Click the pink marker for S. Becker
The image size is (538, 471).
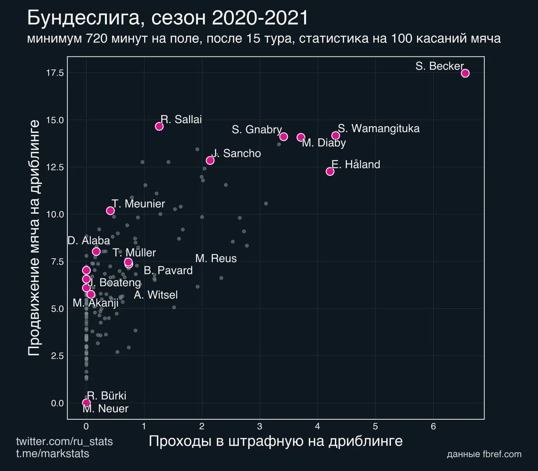[x=465, y=73]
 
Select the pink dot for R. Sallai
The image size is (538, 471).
[x=159, y=126]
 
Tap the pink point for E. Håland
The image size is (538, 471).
[x=330, y=171]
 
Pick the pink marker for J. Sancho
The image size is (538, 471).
[x=210, y=160]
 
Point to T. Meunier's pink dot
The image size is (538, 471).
[x=111, y=211]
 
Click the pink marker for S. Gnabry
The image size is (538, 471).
[x=284, y=136]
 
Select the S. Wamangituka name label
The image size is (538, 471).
[x=379, y=128]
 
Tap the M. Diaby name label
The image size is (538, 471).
[x=324, y=143]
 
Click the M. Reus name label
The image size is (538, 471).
[x=216, y=259]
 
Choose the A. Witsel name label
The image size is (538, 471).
[x=156, y=295]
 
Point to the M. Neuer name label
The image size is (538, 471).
[x=105, y=409]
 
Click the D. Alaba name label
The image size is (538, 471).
[x=89, y=241]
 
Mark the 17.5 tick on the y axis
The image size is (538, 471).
[x=55, y=73]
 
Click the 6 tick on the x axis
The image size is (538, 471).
[x=433, y=426]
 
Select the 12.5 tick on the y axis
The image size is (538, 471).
[x=55, y=167]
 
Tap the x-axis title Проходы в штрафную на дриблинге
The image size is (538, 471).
[x=275, y=441]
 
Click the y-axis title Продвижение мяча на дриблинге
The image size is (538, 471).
[x=34, y=238]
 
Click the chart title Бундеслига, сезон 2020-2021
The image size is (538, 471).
[x=168, y=19]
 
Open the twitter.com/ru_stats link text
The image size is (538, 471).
[x=64, y=442]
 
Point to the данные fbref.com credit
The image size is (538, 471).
[x=484, y=454]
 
